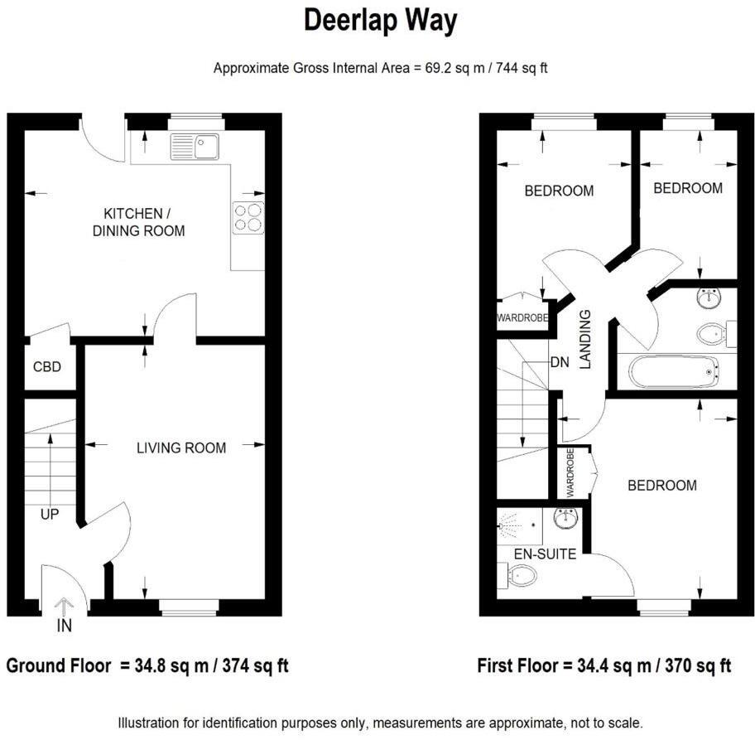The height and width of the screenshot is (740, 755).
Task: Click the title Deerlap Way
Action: coord(380,21)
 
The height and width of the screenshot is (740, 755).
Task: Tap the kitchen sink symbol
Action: coord(194,147)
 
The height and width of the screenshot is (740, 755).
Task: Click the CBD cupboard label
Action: coord(47,366)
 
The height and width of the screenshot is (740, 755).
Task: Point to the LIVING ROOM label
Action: coord(181,448)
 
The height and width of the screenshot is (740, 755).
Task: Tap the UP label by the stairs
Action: coord(50,515)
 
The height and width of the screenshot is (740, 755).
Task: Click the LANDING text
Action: coord(585,338)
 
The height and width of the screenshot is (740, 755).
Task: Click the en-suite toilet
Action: coord(520,574)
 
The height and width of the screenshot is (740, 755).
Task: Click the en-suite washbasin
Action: coord(566,520)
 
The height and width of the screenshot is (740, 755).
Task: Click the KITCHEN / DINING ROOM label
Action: coord(139,222)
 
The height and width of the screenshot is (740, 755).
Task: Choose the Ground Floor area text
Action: coord(147,665)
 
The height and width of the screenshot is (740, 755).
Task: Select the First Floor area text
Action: coord(604,665)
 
